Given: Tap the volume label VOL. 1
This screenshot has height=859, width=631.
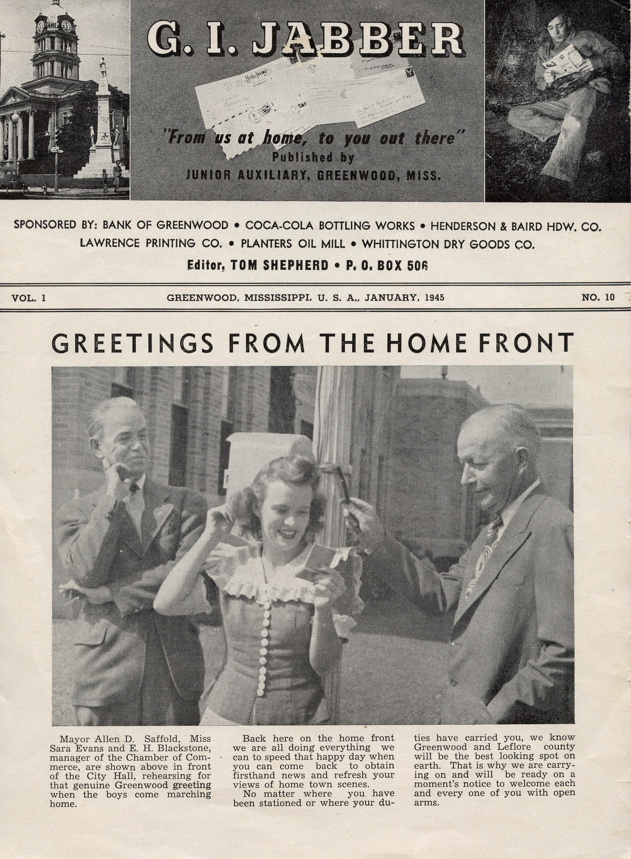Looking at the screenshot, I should pos(29,298).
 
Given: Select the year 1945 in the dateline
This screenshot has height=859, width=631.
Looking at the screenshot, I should pos(434,297).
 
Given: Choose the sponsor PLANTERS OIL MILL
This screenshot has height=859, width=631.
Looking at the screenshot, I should pos(293,244).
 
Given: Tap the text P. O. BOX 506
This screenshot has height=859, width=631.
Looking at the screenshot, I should pos(387,266).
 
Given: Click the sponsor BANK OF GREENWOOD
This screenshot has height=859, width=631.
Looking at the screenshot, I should pos(165,225).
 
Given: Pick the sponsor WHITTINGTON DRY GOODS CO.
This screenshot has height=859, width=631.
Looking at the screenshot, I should pos(448,244).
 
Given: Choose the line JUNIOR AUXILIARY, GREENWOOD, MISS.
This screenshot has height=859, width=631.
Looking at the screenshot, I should pos(313,175).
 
